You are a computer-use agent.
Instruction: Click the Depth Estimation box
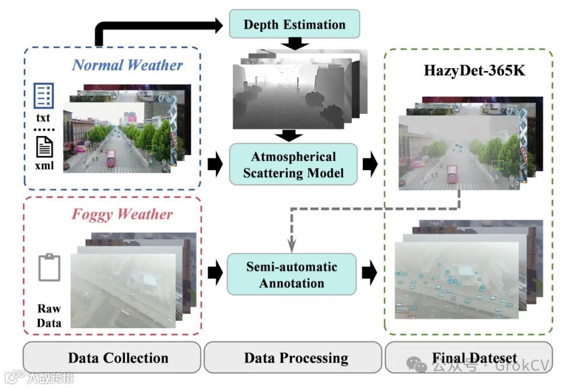pos(295,24)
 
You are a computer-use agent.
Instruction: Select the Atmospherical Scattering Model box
pos(293,164)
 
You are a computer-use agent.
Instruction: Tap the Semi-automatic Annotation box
pos(291,274)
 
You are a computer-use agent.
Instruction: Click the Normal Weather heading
pos(128,65)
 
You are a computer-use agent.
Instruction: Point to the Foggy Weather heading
pos(122,214)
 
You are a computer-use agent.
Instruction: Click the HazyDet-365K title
pos(475,70)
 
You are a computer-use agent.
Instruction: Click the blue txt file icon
pos(44,96)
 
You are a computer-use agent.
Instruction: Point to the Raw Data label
pos(49,316)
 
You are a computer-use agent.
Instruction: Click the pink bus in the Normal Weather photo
pos(111,158)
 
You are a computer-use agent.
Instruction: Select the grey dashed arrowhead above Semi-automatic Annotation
pos(292,244)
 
